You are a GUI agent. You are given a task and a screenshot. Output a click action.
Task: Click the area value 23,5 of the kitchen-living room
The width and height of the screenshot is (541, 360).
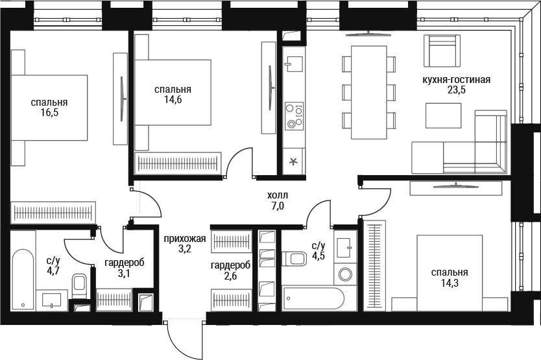[x=456, y=90]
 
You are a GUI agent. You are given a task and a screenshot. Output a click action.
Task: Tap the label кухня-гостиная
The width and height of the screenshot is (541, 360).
[x=456, y=80]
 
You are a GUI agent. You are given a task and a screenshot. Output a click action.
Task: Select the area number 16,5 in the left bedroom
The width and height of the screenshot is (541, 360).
[x=49, y=112]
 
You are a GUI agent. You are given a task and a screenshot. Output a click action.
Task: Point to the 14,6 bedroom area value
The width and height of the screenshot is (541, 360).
[x=173, y=100]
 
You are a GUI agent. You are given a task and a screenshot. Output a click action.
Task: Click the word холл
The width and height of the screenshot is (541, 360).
[x=278, y=195]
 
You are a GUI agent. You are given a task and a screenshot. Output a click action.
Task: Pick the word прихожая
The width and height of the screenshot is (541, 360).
[x=185, y=239]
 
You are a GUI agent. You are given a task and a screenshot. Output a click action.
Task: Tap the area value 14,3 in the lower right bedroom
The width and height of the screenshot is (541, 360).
[x=450, y=283]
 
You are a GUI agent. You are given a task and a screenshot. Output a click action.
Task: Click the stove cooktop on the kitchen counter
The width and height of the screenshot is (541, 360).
[x=294, y=116]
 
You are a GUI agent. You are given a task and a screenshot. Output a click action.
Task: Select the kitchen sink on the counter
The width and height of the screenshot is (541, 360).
[x=293, y=64]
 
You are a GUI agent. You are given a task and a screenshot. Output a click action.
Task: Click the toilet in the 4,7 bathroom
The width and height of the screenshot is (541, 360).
[x=79, y=286]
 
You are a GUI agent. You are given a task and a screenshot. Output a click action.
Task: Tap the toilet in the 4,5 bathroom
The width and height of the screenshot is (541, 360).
[x=294, y=259]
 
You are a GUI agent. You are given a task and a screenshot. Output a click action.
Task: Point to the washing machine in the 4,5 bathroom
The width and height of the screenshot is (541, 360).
[x=345, y=275]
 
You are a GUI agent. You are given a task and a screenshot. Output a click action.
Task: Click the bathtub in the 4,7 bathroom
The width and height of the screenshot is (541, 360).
[x=23, y=279]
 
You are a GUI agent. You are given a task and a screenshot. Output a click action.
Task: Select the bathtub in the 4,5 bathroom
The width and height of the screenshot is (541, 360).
[x=313, y=298]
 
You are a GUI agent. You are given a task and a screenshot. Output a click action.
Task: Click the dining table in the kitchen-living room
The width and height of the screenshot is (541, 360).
[x=368, y=93]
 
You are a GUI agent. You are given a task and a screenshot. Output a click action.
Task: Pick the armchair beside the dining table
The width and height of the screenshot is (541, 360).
[x=442, y=51]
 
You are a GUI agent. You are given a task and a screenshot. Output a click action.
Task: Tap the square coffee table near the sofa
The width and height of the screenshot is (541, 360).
[x=443, y=115]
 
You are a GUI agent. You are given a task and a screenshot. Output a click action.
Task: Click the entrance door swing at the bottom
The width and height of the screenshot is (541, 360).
[x=183, y=340]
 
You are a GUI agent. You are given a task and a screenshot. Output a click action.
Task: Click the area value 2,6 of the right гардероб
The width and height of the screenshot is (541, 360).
[x=230, y=276]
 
